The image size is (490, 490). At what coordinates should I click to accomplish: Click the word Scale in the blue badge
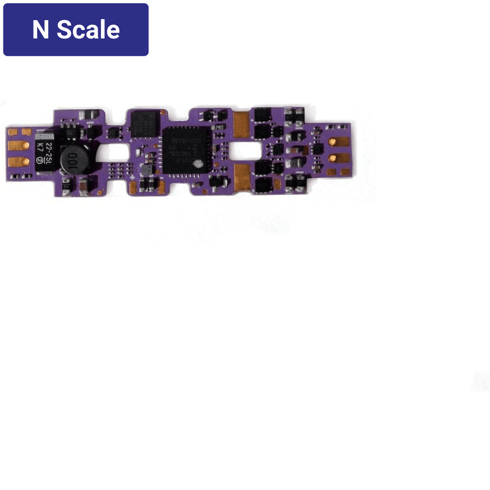(x=88, y=30)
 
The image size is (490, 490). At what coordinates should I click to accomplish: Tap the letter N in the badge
(x=40, y=30)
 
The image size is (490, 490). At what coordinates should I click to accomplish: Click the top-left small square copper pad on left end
(x=12, y=132)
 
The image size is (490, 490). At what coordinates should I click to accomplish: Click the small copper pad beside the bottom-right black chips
(x=278, y=184)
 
